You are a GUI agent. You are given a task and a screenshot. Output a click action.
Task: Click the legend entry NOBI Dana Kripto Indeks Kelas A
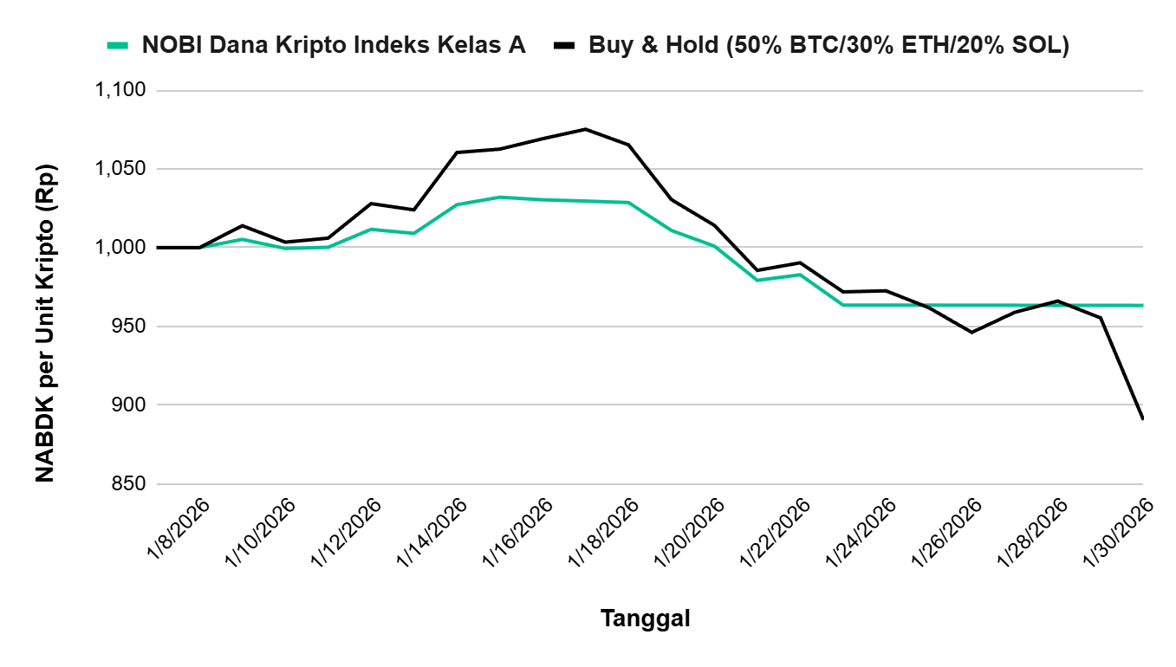coord(334,46)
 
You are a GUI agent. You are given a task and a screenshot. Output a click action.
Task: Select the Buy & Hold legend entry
coord(828,46)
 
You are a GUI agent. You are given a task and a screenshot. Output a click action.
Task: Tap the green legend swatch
coord(117,46)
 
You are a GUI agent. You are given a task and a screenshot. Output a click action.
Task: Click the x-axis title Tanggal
coord(645,619)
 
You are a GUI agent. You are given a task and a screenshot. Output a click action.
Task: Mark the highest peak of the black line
coord(585,129)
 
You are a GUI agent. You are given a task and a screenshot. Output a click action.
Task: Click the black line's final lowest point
coord(1142,418)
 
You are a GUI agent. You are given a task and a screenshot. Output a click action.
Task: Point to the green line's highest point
coord(500,198)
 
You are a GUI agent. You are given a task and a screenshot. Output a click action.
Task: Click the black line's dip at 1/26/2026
coord(971,332)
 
